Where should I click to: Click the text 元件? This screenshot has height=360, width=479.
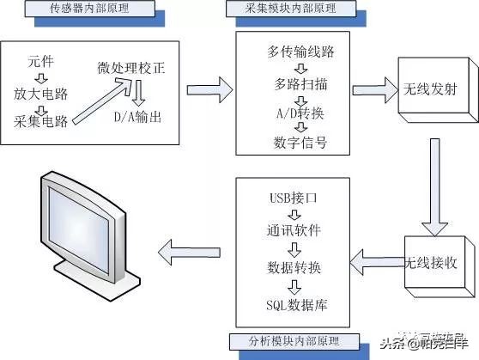39,62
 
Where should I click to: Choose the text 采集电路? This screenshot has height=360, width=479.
41,122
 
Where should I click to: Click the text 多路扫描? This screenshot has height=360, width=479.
294,88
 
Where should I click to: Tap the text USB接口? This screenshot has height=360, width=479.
294,199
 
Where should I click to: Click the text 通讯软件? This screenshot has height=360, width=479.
294,232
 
